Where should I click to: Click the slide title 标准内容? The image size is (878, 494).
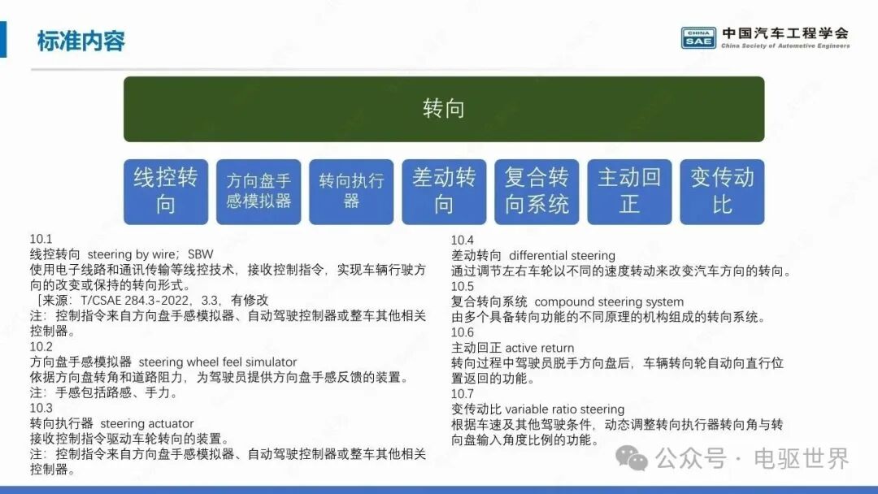81,41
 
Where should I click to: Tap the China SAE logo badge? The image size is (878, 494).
698,37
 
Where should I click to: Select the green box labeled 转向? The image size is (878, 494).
444,109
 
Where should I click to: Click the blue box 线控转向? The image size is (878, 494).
166,192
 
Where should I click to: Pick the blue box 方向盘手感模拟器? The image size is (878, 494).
259,192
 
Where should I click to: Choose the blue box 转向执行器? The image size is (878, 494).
351,192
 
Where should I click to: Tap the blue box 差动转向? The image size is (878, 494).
444,192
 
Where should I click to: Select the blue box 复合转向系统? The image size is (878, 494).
537,192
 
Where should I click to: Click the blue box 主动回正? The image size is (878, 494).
629,192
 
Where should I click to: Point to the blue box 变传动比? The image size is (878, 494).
723,192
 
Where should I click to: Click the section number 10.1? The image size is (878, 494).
41,240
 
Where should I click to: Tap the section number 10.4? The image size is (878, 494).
463,240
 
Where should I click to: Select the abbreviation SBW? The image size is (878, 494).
201,254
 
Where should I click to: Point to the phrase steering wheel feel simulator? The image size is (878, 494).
218,362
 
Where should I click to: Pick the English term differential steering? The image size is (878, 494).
563,256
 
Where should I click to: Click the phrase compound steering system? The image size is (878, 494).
609,302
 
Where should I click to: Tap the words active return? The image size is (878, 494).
540,348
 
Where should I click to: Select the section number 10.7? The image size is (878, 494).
463,394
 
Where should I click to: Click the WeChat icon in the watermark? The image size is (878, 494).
632,459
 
